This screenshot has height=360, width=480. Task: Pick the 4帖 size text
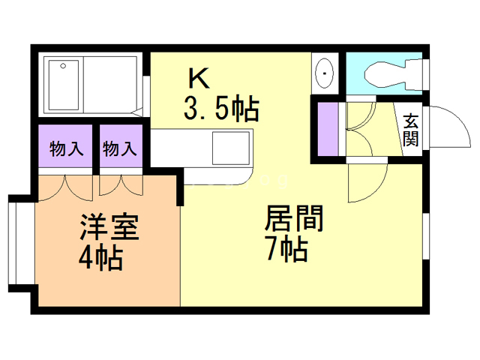click(100, 259)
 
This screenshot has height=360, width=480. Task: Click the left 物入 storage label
click(65, 149)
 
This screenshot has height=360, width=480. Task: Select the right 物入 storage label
click(118, 149)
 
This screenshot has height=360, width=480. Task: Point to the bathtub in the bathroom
click(65, 84)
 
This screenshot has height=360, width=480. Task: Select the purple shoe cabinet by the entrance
click(328, 129)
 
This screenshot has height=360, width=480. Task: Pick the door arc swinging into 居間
click(367, 180)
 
